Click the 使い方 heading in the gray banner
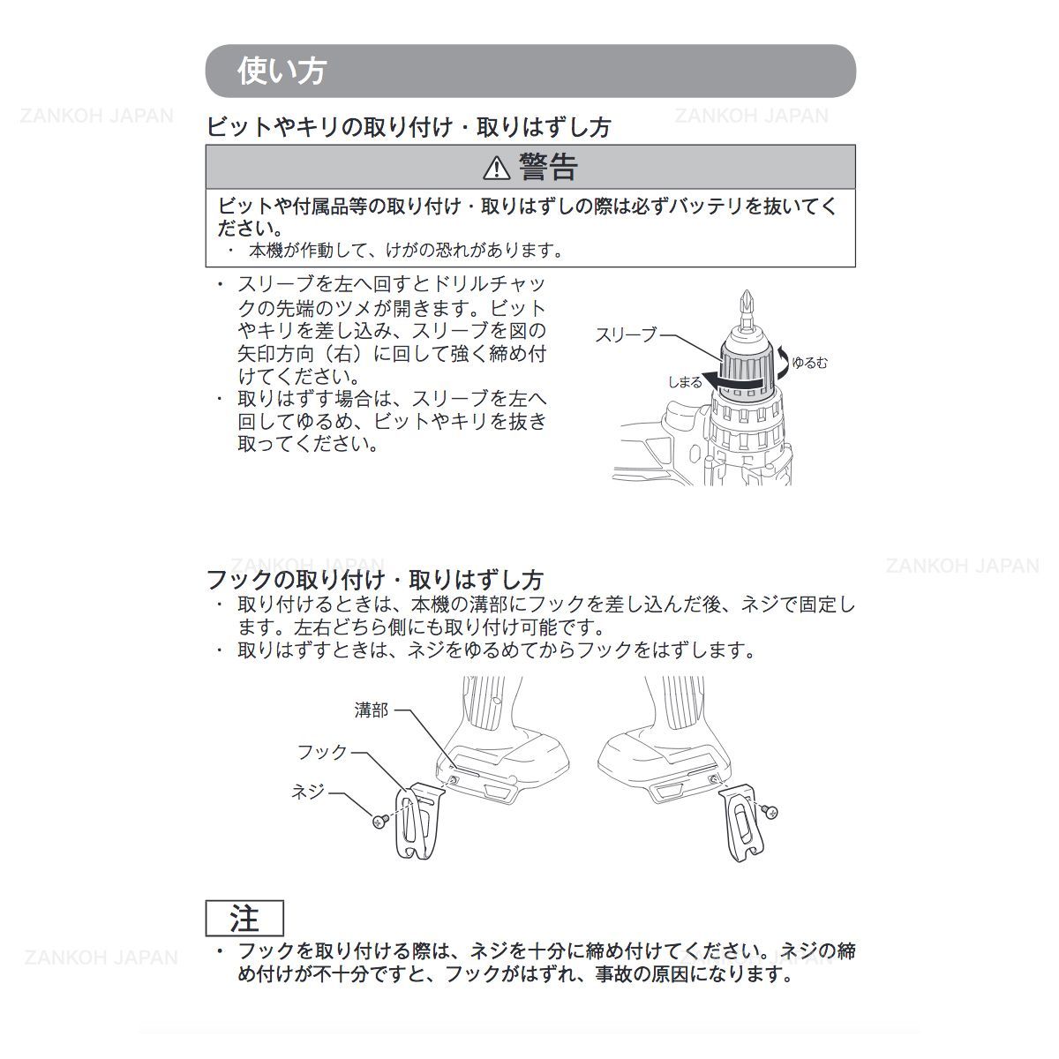[x=282, y=71]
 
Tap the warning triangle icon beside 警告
[x=497, y=167]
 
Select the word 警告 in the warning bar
[x=548, y=166]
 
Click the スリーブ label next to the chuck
[x=626, y=334]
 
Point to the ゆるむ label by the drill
[x=809, y=363]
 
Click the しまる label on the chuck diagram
[x=685, y=382]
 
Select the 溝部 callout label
[x=371, y=710]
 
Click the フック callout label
[x=322, y=752]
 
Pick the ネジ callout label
[x=308, y=792]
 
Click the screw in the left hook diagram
[x=380, y=822]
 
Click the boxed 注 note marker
[x=244, y=919]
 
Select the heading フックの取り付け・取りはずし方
[x=374, y=580]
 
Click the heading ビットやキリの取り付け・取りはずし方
[x=408, y=127]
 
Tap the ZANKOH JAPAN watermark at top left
[x=97, y=116]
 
